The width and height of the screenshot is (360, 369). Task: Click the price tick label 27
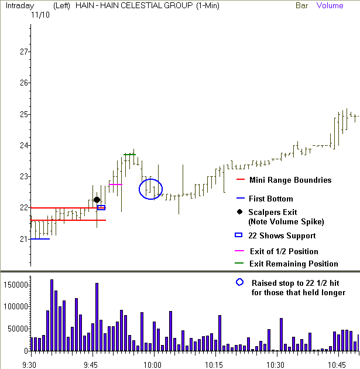click(x=23, y=52)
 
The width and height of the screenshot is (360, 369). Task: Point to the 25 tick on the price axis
click(x=23, y=114)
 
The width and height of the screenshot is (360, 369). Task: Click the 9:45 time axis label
click(x=91, y=363)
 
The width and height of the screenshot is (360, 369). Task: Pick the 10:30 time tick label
click(x=276, y=363)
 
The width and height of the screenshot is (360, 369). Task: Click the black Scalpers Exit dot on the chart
click(x=97, y=200)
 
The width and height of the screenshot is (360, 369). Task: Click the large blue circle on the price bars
click(x=150, y=189)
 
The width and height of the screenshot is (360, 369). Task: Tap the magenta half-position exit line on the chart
click(x=115, y=184)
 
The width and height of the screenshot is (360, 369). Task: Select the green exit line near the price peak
click(x=129, y=155)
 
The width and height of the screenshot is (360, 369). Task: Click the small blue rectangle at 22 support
click(x=101, y=207)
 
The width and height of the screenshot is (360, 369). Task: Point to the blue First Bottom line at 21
click(x=40, y=239)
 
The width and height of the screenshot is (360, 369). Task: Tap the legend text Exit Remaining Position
click(x=293, y=264)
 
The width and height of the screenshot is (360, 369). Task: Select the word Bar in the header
click(x=302, y=6)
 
